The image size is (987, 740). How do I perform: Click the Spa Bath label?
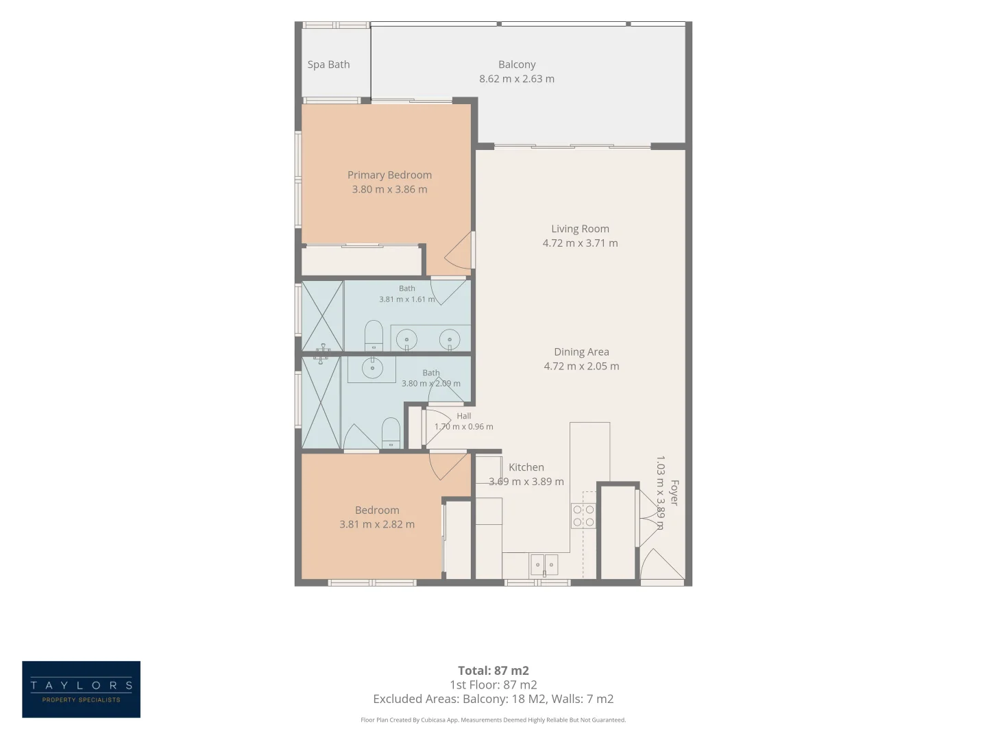tap(328, 64)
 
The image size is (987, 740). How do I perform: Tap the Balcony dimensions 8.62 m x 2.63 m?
tap(517, 79)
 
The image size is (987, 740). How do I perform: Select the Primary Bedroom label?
tap(389, 175)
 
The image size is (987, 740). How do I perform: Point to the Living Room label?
tap(580, 229)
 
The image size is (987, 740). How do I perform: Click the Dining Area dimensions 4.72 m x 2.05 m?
tap(581, 366)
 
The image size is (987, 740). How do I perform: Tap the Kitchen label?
tap(526, 467)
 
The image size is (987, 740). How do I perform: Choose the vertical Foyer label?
tap(674, 493)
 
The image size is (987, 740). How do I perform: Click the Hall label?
tap(463, 416)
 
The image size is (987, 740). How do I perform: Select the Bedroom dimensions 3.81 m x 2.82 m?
tap(377, 524)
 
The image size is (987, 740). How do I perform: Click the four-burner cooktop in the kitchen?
tap(583, 516)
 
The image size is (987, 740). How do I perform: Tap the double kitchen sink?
tap(544, 565)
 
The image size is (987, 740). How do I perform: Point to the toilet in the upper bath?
tap(374, 335)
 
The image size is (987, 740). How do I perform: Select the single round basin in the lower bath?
tap(372, 368)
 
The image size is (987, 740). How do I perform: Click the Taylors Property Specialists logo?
tap(81, 689)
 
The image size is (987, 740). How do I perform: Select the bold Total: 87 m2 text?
tap(493, 671)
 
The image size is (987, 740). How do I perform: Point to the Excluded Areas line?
tap(493, 699)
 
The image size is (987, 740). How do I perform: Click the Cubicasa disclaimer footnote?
tap(493, 719)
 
